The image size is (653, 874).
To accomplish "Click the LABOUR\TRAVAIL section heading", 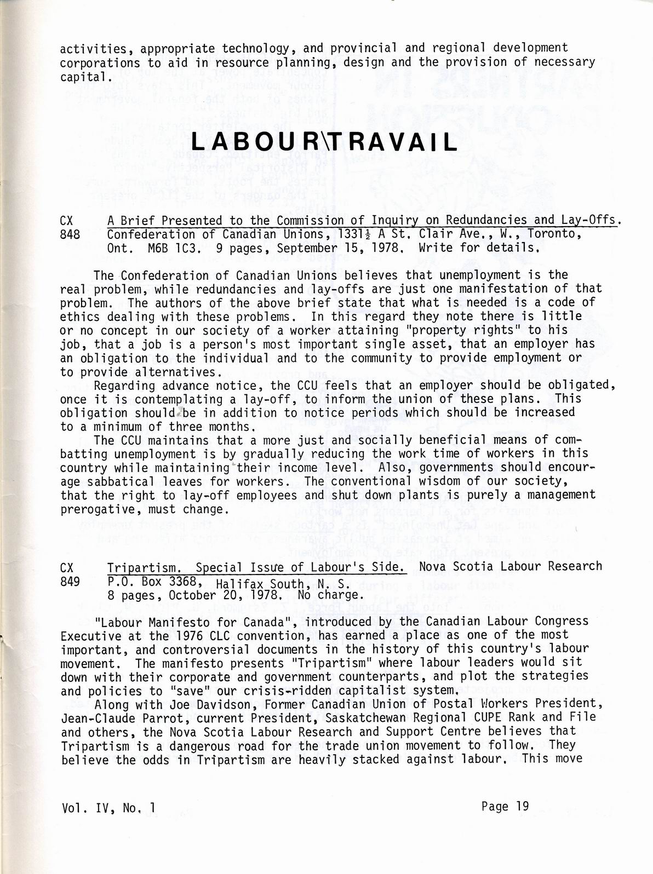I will click(x=325, y=142).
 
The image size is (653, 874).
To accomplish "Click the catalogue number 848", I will click(x=70, y=235).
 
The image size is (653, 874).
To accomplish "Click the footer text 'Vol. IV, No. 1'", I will click(x=108, y=807).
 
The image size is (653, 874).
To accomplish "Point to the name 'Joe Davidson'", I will click(x=201, y=703).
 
